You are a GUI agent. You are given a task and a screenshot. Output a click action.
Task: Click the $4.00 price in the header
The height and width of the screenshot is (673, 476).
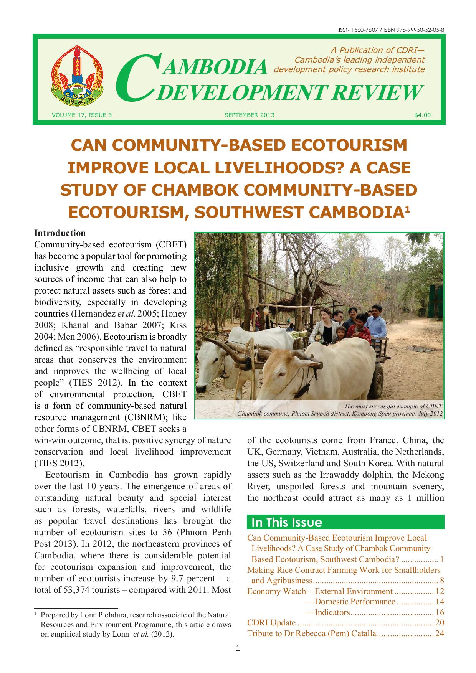point(422,115)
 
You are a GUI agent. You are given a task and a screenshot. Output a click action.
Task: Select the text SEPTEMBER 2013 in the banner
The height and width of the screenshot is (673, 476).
point(249,115)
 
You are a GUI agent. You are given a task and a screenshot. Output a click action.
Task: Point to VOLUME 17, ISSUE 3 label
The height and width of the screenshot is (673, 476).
point(81,115)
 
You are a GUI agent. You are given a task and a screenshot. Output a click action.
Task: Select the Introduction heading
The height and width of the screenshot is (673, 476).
point(60,233)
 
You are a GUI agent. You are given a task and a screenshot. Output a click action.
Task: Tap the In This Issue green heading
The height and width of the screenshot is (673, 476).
point(286,523)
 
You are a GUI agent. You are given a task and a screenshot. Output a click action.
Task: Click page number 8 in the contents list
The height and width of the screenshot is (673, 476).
point(442,581)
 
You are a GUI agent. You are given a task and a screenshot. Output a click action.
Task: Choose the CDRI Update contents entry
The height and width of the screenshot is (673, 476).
point(271,623)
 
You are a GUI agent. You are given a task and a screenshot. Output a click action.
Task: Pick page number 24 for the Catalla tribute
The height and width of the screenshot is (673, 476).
point(440,633)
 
